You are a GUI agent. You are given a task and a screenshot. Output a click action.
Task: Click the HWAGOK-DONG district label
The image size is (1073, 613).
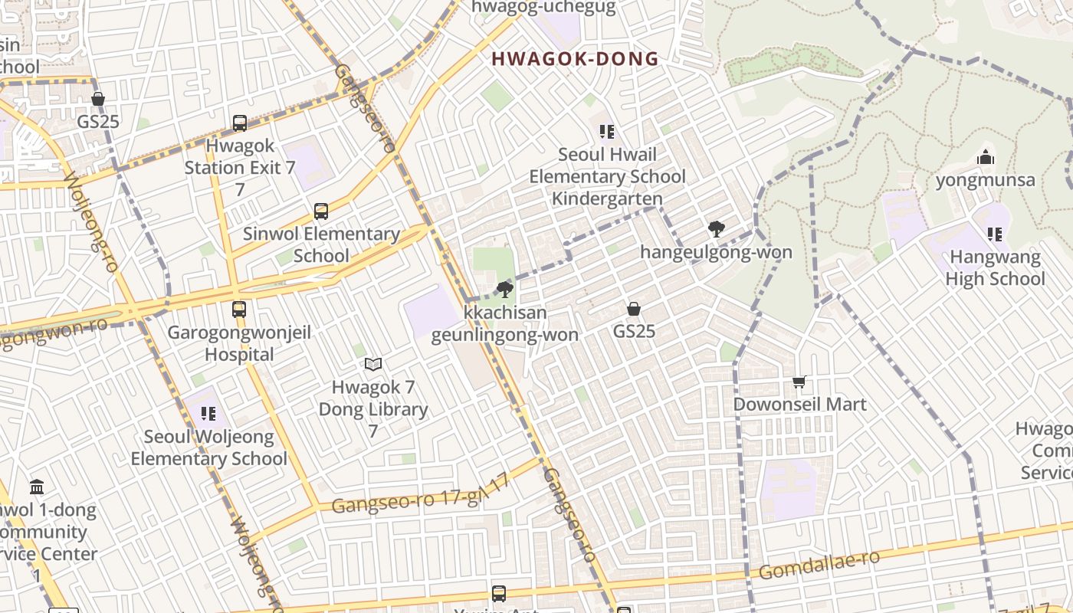[575, 59]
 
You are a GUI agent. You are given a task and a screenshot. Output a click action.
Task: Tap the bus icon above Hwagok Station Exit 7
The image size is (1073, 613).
[239, 123]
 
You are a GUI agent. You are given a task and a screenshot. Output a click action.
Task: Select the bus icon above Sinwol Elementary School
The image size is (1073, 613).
[321, 211]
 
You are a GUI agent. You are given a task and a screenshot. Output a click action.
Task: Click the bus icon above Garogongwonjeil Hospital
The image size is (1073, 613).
[239, 310]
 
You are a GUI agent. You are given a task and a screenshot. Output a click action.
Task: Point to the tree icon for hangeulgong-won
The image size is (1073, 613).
[717, 229]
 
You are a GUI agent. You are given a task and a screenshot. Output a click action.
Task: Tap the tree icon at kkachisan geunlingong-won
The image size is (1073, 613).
[505, 290]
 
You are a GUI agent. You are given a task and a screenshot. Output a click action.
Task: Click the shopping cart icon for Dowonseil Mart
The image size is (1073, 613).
[799, 382]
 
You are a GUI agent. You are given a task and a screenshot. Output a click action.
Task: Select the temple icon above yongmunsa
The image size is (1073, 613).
[986, 158]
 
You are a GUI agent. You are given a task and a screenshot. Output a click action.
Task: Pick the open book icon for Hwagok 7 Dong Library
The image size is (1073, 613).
[373, 365]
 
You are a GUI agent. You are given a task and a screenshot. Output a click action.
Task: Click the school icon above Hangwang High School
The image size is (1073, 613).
[995, 234]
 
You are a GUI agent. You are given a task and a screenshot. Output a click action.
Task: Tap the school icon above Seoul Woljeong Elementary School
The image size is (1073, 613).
[208, 415]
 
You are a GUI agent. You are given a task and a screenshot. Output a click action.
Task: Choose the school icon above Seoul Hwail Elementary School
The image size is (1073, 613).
[607, 132]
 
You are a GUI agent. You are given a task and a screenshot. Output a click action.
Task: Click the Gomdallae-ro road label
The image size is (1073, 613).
[819, 565]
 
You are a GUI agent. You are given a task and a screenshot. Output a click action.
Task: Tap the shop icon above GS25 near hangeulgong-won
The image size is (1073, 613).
[634, 309]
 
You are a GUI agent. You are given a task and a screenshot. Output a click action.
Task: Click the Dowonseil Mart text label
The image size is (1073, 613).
[799, 405]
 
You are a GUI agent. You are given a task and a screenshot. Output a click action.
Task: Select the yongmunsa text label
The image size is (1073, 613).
[986, 181]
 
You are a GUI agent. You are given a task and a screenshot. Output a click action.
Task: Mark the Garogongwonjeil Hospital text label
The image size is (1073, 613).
[239, 344]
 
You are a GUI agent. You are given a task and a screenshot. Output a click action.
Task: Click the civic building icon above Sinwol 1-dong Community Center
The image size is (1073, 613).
[37, 487]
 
